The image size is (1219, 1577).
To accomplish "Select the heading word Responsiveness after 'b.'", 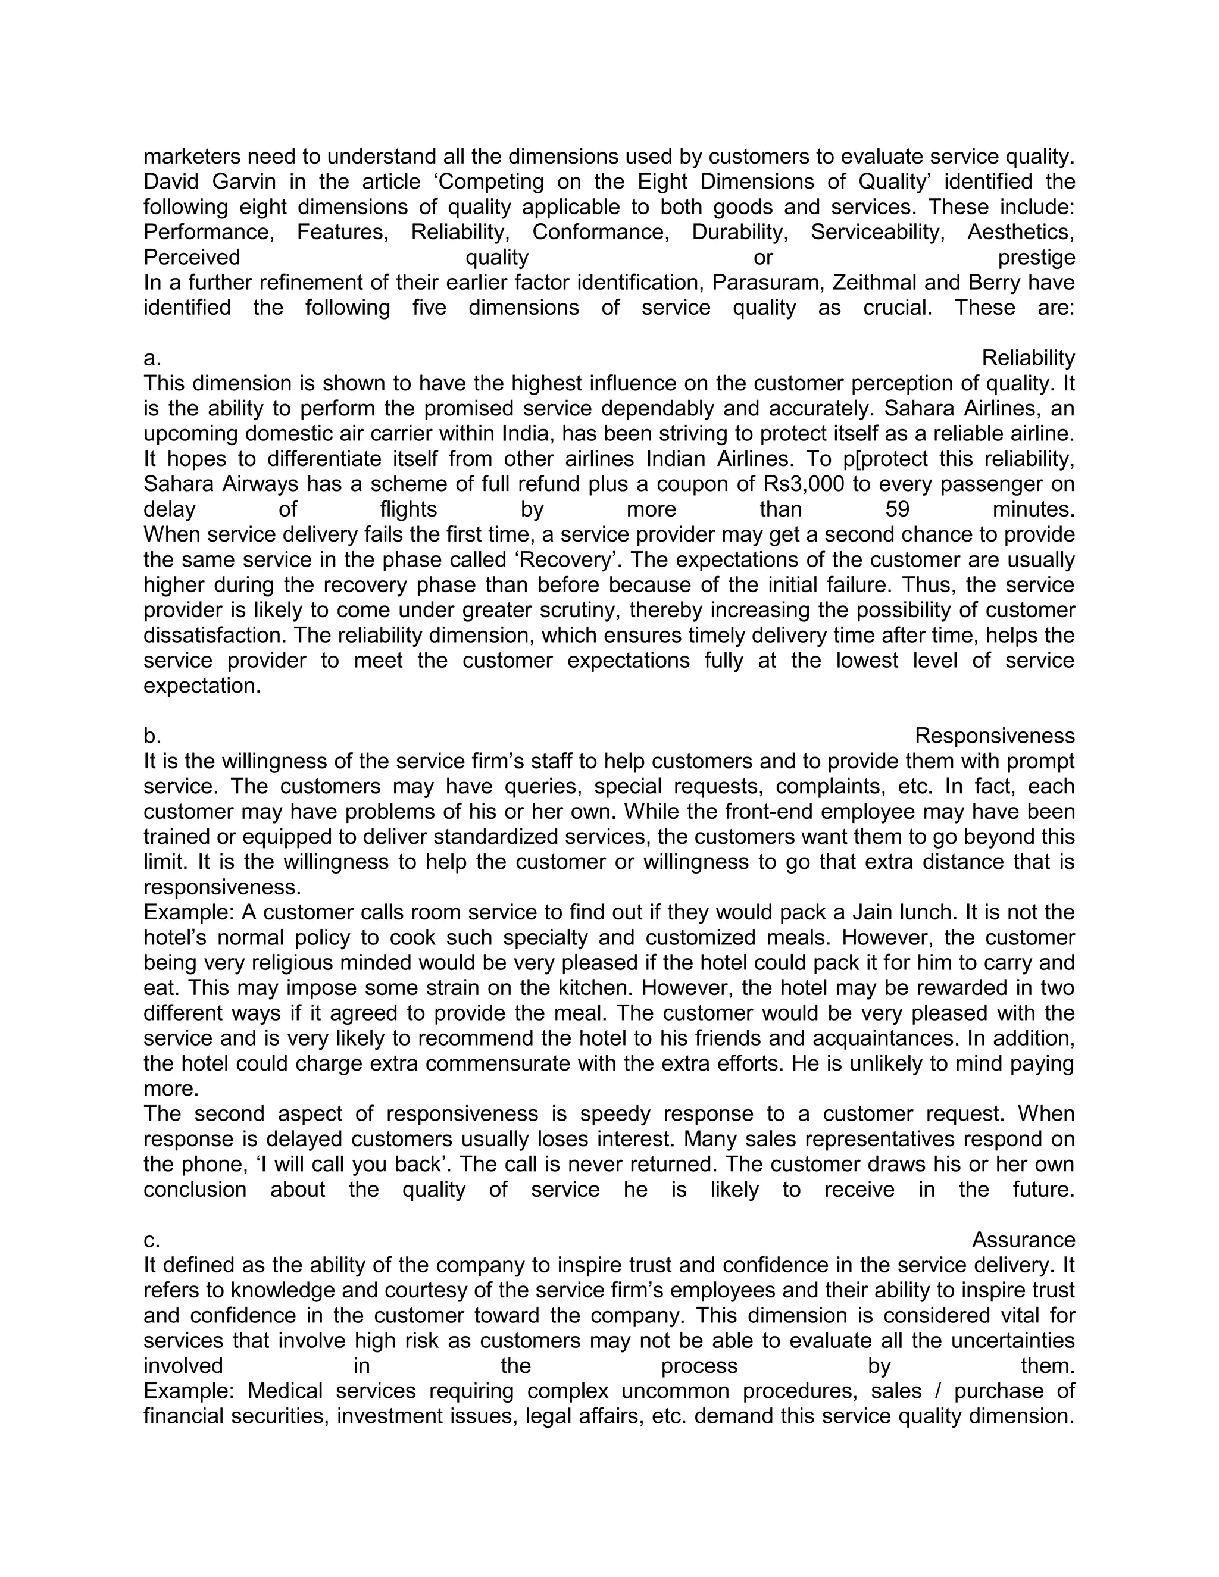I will pos(995,736).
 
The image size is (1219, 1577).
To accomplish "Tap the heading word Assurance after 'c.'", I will pos(1023,1240).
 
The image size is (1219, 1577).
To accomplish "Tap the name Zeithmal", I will pos(875,282).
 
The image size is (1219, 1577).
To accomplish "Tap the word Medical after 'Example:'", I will pos(286,1391).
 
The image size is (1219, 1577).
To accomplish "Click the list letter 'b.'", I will pos(152,736).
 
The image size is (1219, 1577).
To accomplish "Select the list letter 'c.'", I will pos(152,1240).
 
